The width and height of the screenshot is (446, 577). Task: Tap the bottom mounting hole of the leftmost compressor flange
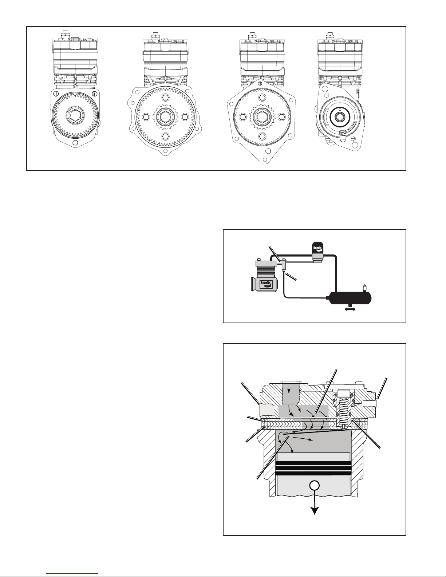[x=75, y=143]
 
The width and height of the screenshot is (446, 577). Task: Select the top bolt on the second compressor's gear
[x=165, y=97]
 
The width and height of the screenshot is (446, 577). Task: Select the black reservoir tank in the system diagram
[x=350, y=298]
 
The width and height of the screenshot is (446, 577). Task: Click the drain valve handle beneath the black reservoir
[x=350, y=308]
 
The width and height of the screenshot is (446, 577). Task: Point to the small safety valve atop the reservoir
[x=365, y=288]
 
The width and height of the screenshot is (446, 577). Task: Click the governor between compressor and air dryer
[x=284, y=264]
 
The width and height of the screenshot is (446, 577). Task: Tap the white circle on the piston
[x=315, y=485]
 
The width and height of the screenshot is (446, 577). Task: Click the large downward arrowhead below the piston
[x=315, y=510]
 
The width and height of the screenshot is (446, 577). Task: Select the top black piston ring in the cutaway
[x=314, y=463]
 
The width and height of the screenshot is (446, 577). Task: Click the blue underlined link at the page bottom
[x=72, y=573]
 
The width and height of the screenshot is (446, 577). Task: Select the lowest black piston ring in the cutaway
[x=314, y=473]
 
